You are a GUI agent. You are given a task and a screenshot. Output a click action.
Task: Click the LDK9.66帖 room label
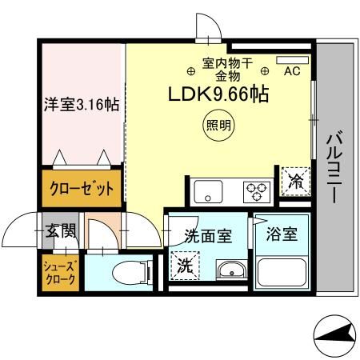coord(217,94)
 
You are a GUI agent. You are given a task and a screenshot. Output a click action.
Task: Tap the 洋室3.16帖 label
coord(81,105)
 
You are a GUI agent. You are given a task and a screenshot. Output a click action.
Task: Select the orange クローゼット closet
coord(82,189)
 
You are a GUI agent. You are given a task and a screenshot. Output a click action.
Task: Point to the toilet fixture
coord(128,271)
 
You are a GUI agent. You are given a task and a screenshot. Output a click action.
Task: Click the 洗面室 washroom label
coord(207,236)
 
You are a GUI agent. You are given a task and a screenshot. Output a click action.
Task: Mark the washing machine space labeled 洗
coord(184,265)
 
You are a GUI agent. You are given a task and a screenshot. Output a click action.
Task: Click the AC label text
coord(292,71)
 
